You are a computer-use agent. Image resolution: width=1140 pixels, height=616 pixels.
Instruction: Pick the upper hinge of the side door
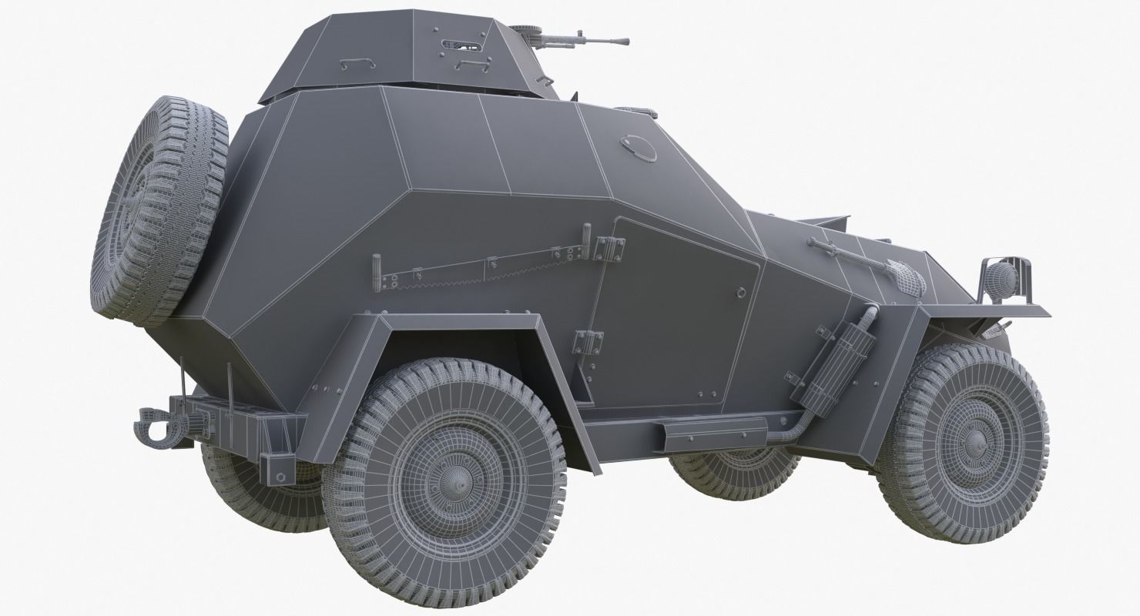(609, 249)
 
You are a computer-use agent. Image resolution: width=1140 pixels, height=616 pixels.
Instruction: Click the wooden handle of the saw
(377, 273)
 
